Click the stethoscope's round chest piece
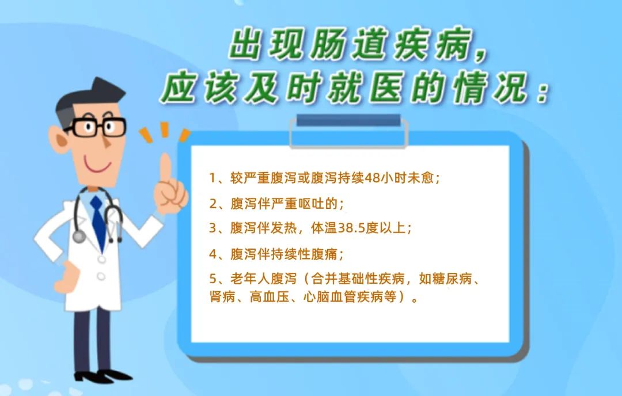click(x=79, y=237)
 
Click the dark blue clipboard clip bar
click(x=348, y=120)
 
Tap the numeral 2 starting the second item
click(x=213, y=204)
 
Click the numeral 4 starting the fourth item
click(x=213, y=254)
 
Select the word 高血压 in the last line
click(x=270, y=296)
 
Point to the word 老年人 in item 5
click(x=250, y=279)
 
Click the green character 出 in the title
click(x=245, y=44)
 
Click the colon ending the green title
click(x=541, y=91)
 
